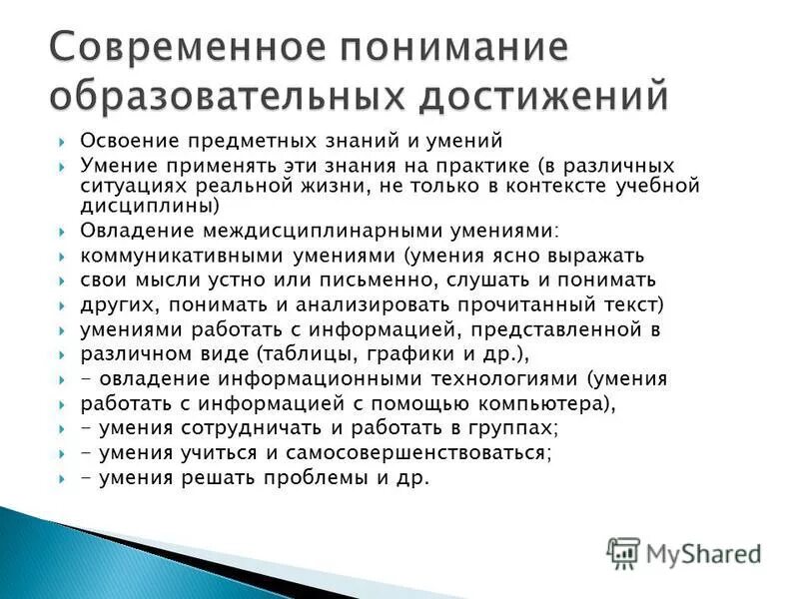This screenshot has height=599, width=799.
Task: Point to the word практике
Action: pos(478,165)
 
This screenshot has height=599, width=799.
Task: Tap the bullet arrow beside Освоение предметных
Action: pos(62,142)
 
